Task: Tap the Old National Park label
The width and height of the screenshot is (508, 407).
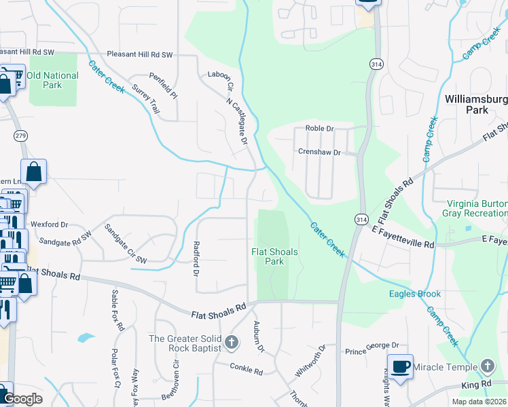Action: (53, 80)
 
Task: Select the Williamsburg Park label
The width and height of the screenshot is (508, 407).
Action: (475, 104)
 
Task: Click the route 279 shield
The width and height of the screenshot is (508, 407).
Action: (20, 136)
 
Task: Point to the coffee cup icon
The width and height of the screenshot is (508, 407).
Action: (400, 367)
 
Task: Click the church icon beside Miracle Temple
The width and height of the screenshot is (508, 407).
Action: (487, 366)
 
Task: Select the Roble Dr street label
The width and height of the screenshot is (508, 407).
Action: (320, 128)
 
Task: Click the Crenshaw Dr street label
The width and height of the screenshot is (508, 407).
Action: (319, 153)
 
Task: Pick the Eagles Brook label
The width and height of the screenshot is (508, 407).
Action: (415, 294)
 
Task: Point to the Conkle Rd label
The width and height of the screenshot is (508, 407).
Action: (247, 370)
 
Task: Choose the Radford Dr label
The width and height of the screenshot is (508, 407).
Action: (196, 259)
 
